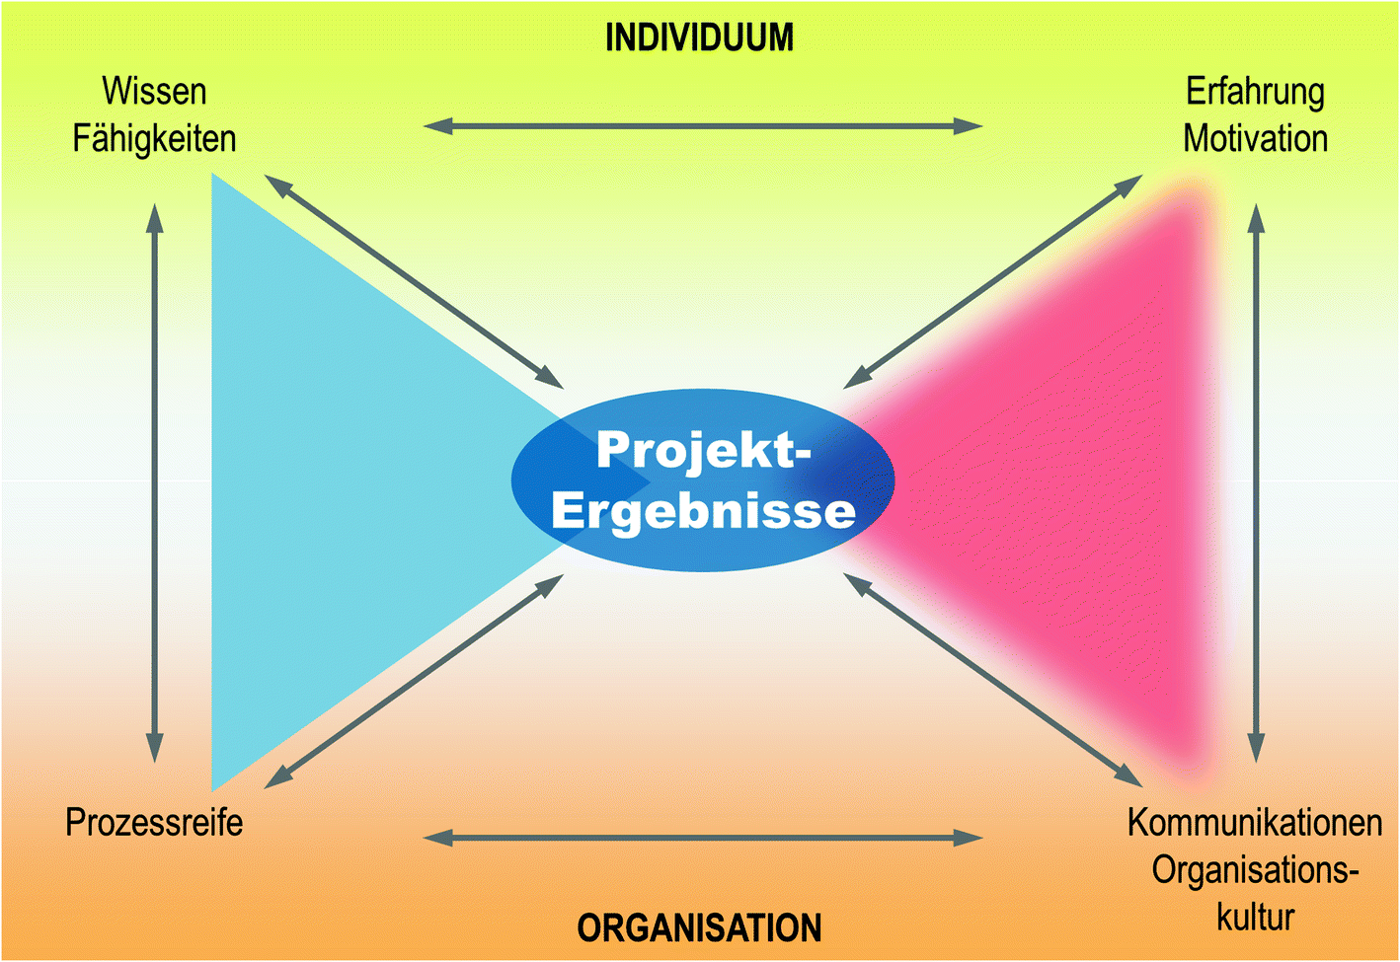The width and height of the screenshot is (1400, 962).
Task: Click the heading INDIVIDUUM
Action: coord(699,38)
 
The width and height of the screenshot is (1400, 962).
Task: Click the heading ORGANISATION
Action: coord(699,927)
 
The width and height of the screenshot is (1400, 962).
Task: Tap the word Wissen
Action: coord(154,92)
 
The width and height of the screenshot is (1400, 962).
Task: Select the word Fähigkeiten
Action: coord(154,138)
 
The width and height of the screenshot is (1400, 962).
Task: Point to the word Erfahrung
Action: coord(1255,92)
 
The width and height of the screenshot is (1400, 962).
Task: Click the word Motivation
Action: coord(1255,138)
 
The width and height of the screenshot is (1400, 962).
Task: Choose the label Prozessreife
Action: coord(154,822)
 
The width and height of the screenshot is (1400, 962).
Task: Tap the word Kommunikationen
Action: coord(1255,822)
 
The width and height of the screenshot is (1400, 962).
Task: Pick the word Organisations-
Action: coord(1255,870)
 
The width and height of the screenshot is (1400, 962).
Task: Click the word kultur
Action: coord(1255,917)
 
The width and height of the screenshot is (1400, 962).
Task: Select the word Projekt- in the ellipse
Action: coord(703,450)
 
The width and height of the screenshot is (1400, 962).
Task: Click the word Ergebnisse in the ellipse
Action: coord(703,510)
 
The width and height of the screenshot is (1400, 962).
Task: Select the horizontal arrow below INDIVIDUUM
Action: coord(703,126)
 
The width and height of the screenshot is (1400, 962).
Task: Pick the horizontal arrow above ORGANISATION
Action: coord(703,838)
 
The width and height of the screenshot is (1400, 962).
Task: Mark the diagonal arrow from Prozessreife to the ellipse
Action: coord(415,682)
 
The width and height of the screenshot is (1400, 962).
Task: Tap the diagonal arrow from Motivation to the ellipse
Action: coord(993,281)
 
